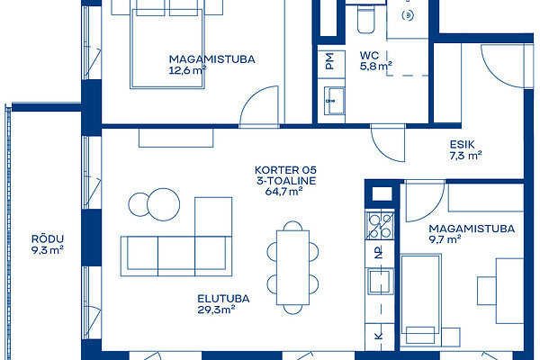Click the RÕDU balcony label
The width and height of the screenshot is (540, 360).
(x=48, y=238)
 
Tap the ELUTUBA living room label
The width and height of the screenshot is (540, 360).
(x=223, y=299)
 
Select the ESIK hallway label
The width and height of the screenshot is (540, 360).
(x=463, y=144)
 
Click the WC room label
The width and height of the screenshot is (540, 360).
(x=370, y=56)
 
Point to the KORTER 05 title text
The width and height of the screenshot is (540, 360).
(x=285, y=170)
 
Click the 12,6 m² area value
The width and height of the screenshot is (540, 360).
(x=188, y=70)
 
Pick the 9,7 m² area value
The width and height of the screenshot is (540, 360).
(x=445, y=239)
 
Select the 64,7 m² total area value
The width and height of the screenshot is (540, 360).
(x=283, y=192)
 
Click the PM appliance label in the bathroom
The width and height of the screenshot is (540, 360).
(x=329, y=61)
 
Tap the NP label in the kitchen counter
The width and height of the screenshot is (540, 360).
(x=379, y=253)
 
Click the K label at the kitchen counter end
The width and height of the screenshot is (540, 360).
(x=379, y=336)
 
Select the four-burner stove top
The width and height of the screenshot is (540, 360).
(x=380, y=226)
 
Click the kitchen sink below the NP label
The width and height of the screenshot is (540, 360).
(x=380, y=281)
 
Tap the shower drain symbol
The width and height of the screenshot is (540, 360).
(x=408, y=15)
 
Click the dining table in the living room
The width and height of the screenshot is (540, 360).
(x=292, y=267)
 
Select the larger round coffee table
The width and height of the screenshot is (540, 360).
(x=163, y=204)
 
